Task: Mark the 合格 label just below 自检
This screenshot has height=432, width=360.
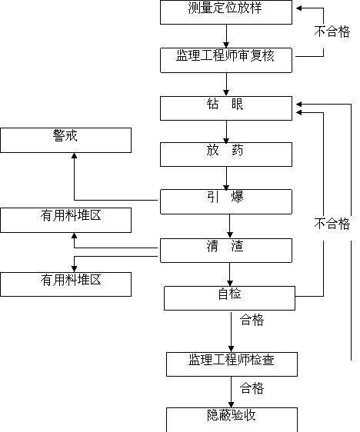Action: [252, 320]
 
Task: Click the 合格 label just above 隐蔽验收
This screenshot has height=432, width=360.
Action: [252, 388]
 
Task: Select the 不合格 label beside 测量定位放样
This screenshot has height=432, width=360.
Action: [332, 32]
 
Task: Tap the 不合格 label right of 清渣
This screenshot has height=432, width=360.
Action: [332, 224]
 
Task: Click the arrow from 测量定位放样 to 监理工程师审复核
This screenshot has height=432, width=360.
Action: [226, 36]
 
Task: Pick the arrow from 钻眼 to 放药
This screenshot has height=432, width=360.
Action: [226, 131]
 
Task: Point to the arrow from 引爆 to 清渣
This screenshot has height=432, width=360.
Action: [230, 226]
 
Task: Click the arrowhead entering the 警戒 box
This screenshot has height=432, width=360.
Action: [74, 156]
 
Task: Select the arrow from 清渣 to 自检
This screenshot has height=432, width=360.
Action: [230, 274]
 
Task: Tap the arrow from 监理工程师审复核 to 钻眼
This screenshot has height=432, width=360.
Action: [226, 85]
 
